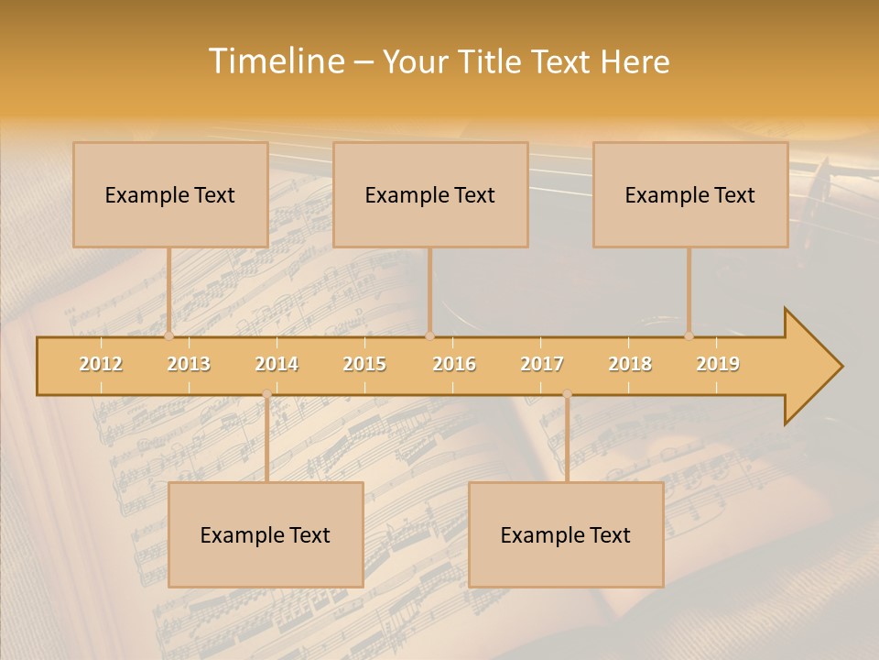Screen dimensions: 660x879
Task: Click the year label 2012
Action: click(x=101, y=364)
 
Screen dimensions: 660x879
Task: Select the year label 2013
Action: click(x=189, y=364)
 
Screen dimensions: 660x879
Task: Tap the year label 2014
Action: click(x=277, y=364)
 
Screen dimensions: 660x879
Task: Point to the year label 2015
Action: click(x=364, y=364)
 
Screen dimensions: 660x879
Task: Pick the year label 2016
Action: click(x=454, y=364)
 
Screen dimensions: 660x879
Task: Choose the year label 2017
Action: click(x=542, y=364)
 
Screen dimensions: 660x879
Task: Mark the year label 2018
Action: click(x=630, y=364)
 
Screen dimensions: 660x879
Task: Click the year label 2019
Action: click(x=718, y=364)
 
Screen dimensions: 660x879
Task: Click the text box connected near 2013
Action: click(x=170, y=194)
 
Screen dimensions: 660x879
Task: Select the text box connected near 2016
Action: click(x=430, y=194)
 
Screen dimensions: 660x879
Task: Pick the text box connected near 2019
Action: click(x=690, y=194)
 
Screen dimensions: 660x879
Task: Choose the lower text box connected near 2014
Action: click(x=266, y=534)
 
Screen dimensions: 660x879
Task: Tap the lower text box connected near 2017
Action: click(x=566, y=534)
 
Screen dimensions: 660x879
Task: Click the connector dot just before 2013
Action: click(x=168, y=335)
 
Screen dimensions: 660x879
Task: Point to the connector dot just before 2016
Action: click(x=429, y=335)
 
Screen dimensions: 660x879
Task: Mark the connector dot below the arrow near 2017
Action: click(x=567, y=394)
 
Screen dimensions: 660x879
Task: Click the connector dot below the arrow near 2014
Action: click(x=266, y=394)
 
